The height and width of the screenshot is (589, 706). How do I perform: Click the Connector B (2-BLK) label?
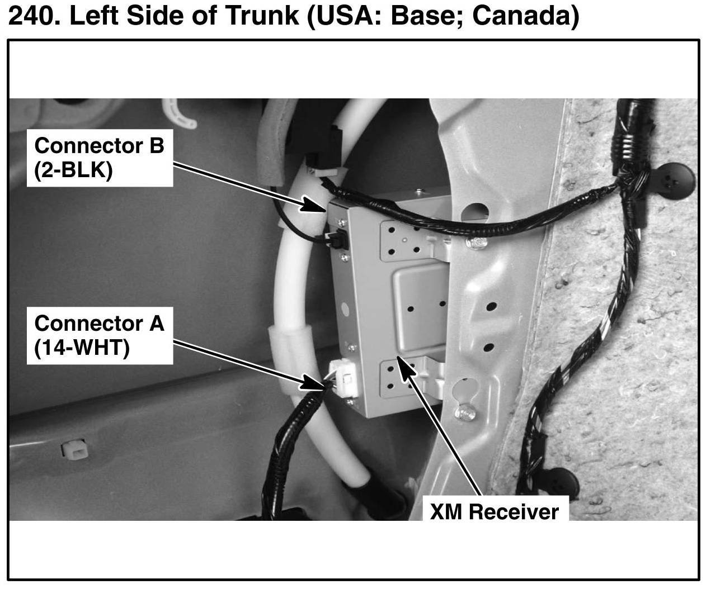tap(100, 157)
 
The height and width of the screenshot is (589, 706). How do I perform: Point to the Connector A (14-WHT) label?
tap(100, 335)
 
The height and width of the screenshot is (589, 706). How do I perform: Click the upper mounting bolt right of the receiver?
tap(474, 243)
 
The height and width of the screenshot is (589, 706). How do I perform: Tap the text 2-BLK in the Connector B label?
tap(73, 169)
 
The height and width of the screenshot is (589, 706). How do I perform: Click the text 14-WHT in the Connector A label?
tap(82, 348)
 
